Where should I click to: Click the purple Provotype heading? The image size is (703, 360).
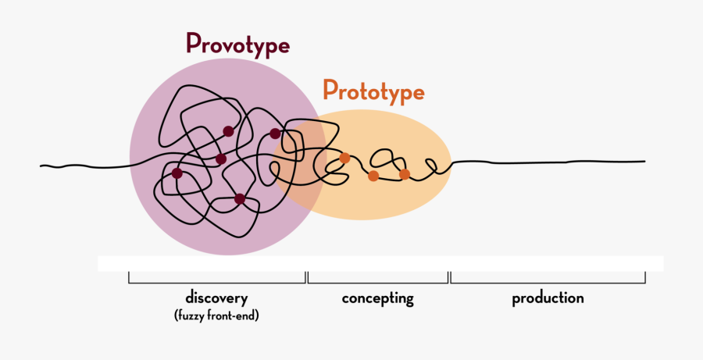(x=238, y=45)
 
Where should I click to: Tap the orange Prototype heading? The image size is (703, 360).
(x=373, y=92)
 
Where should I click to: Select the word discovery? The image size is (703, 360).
(x=216, y=299)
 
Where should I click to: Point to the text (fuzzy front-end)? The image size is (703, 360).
(x=216, y=315)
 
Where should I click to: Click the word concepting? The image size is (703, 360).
(x=377, y=299)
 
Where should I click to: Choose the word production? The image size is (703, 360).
(x=548, y=298)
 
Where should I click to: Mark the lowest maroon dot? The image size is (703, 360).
(x=240, y=198)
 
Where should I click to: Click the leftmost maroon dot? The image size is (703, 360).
(x=177, y=173)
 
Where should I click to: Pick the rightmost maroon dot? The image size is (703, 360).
(x=275, y=134)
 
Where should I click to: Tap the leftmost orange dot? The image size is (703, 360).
(x=344, y=158)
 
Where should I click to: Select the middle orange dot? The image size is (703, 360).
(x=373, y=176)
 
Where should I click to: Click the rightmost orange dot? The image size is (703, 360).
(x=405, y=174)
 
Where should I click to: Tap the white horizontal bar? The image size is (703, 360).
(x=380, y=264)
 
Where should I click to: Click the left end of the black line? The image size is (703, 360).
(x=41, y=166)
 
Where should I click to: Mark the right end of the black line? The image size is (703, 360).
(x=644, y=161)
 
